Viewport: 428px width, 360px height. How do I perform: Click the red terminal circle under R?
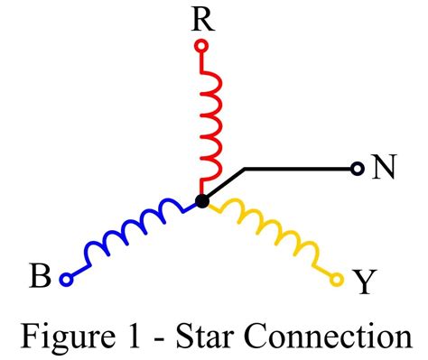click(201, 44)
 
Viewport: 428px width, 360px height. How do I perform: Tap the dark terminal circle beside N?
click(358, 168)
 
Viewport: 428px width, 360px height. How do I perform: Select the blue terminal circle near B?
click(65, 280)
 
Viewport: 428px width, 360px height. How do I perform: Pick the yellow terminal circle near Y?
click(338, 280)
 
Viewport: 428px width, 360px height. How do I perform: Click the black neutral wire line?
click(298, 168)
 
